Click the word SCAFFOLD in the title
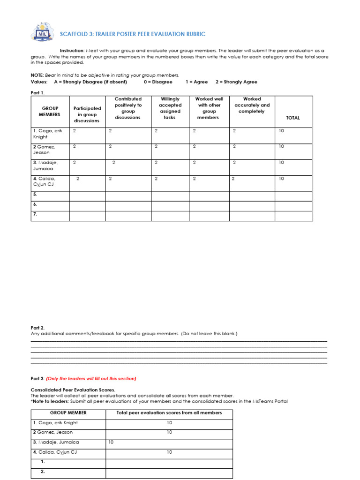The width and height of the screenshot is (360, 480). tap(75, 34)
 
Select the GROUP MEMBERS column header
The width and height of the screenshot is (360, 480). tap(50, 111)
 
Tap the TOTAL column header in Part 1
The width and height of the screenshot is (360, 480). tap(293, 118)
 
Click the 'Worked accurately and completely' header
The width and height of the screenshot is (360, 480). tap(252, 105)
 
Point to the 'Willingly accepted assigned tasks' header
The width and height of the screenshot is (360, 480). tap(170, 108)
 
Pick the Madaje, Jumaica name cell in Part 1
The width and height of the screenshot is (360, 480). tap(47, 165)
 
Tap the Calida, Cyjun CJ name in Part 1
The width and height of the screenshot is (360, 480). tap(46, 181)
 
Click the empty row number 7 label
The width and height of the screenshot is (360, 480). tap(35, 214)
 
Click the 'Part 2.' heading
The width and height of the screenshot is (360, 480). tap(37, 328)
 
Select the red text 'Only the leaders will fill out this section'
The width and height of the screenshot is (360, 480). tap(91, 378)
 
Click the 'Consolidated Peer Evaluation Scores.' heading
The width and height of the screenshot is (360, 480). tap(73, 390)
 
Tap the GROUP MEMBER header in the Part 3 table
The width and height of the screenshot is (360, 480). tap(68, 413)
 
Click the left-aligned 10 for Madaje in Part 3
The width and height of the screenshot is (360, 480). tap(111, 442)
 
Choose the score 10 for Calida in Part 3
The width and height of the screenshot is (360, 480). tap(169, 452)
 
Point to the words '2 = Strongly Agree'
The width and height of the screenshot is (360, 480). tap(236, 82)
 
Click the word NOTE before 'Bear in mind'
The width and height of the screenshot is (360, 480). tap(37, 75)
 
